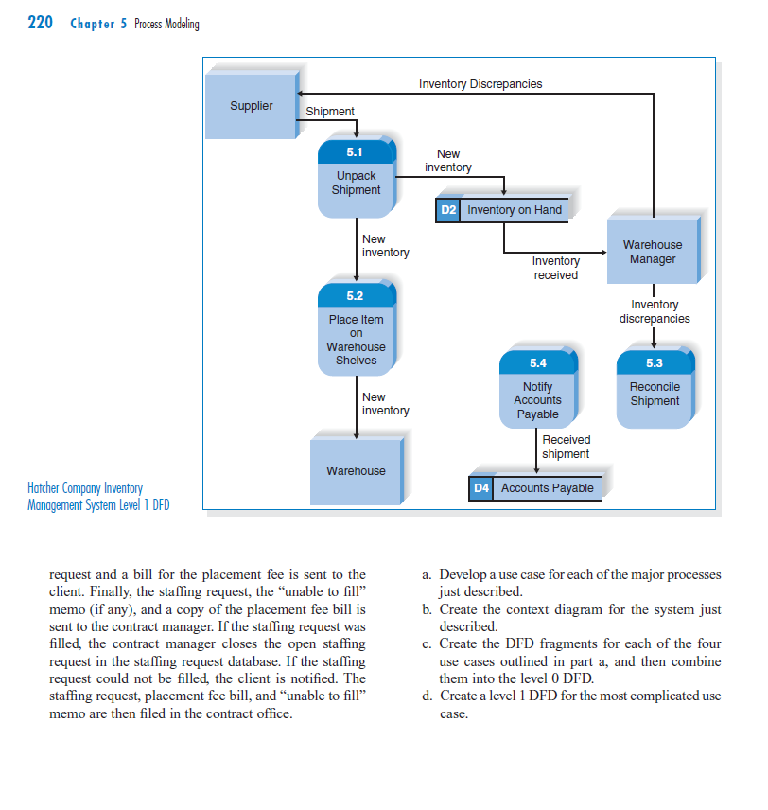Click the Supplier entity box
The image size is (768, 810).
[x=251, y=105]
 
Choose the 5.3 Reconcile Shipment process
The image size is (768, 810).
[x=654, y=388]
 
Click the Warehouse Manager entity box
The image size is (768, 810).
[x=652, y=252]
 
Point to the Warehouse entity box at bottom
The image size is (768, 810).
[x=356, y=470]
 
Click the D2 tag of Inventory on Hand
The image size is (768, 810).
[x=448, y=210]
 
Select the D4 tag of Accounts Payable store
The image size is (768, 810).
[x=480, y=488]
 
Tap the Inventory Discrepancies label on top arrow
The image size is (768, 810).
[x=480, y=84]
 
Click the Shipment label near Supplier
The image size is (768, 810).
[x=330, y=112]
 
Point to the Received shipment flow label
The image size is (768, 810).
[x=566, y=447]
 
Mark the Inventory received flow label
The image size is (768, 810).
[x=555, y=268]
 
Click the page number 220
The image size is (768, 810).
[x=40, y=23]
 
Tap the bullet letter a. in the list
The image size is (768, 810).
[x=428, y=574]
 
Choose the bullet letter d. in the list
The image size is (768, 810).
[x=428, y=696]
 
